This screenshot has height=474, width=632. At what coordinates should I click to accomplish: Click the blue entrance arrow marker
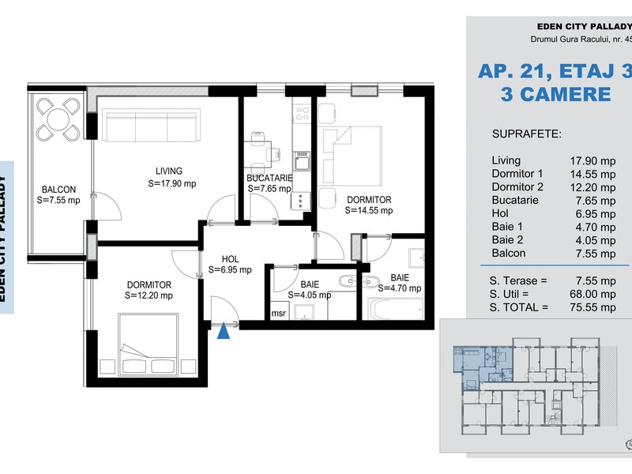tap(224, 331)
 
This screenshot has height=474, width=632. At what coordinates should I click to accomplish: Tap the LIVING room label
tap(169, 171)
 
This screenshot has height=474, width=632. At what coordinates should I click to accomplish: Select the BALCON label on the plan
tap(58, 190)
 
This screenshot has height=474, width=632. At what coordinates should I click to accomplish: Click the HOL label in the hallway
tap(230, 259)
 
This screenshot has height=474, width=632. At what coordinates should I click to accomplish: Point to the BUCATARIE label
tap(269, 178)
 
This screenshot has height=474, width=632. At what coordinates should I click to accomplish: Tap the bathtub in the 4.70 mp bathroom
tap(395, 309)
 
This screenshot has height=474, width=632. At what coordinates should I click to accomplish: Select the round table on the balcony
tap(58, 119)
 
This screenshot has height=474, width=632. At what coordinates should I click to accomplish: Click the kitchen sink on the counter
tap(302, 161)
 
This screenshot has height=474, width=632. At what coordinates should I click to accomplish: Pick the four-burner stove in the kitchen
tap(302, 114)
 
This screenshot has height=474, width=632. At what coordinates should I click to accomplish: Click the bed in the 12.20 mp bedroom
tap(149, 344)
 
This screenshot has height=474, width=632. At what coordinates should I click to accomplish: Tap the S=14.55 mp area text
tap(369, 210)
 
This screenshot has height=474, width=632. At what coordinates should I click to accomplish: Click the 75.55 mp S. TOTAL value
tap(592, 307)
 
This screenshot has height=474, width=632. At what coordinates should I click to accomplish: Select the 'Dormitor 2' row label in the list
tap(517, 187)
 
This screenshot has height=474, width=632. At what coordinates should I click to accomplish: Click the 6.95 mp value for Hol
tap(596, 214)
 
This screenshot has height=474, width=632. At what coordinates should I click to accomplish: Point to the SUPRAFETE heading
tap(526, 134)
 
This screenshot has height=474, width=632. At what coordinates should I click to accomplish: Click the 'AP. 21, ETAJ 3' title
tap(555, 72)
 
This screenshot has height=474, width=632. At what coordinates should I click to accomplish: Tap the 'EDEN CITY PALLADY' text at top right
tap(584, 27)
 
